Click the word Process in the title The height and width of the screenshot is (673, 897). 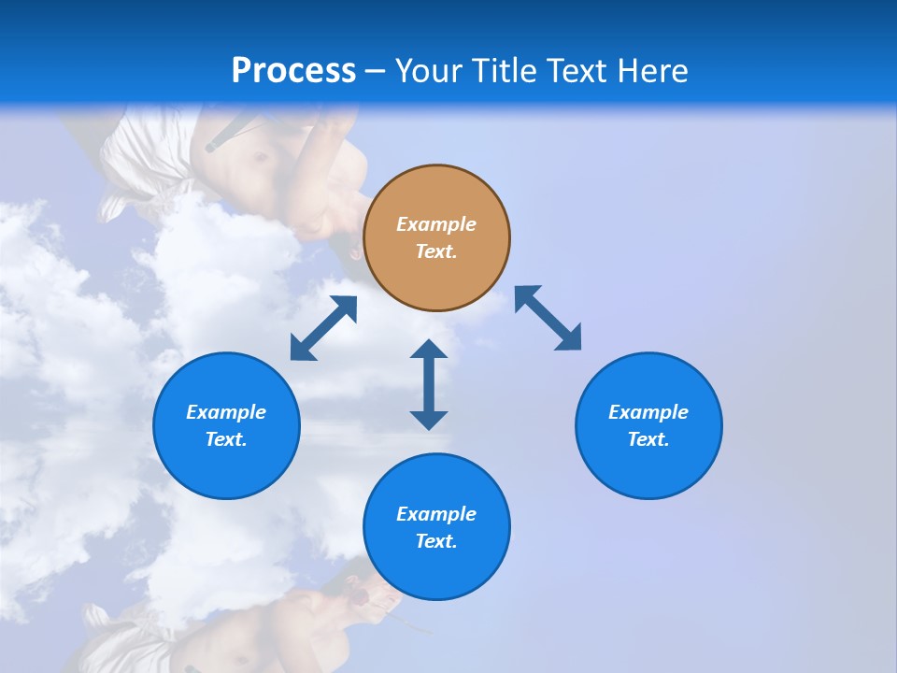coord(293,71)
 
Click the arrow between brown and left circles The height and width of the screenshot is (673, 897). coord(323,328)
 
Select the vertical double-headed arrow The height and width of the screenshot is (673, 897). coord(429,384)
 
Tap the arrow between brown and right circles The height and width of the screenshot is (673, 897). coord(548,318)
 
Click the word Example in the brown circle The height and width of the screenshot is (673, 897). coord(436,224)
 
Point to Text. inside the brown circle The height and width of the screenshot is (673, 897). coord(436,251)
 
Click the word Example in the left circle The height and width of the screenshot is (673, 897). coord(226,412)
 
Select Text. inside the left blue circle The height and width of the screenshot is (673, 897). coord(226,439)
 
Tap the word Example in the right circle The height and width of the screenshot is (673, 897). coord(648,412)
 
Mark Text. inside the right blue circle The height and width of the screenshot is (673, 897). coord(648,439)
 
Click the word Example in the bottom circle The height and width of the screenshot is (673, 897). coord(436,514)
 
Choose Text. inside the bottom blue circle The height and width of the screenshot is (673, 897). coord(436,541)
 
